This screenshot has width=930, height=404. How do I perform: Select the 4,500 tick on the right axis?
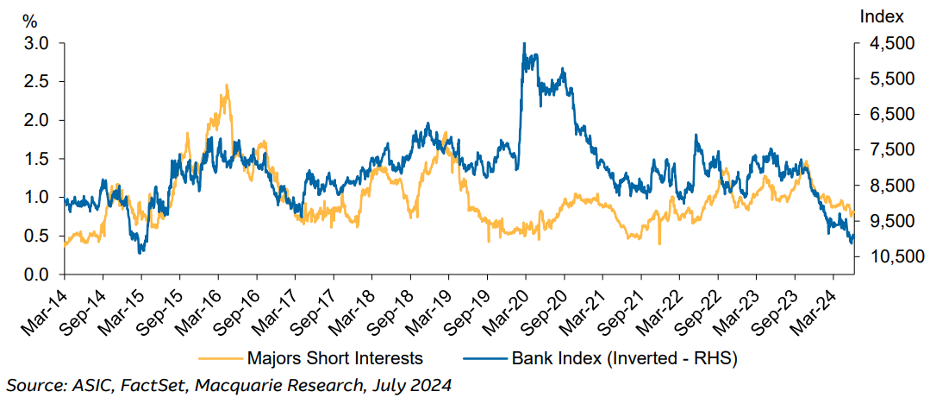click(882, 43)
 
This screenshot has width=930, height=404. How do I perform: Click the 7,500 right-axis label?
click(882, 150)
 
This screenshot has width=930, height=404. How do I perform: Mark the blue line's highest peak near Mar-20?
click(524, 43)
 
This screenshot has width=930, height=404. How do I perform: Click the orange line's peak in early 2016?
click(227, 85)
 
